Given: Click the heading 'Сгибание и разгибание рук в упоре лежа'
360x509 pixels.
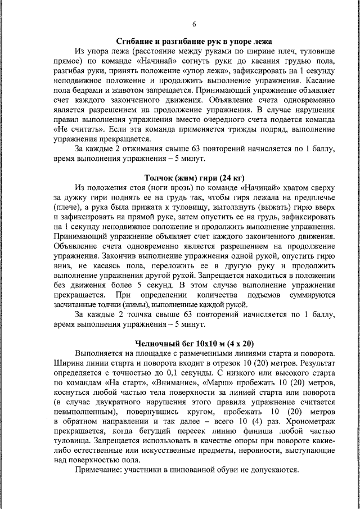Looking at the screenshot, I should tap(195, 42).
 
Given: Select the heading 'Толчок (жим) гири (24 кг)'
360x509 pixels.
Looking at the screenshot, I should tap(195, 178).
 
